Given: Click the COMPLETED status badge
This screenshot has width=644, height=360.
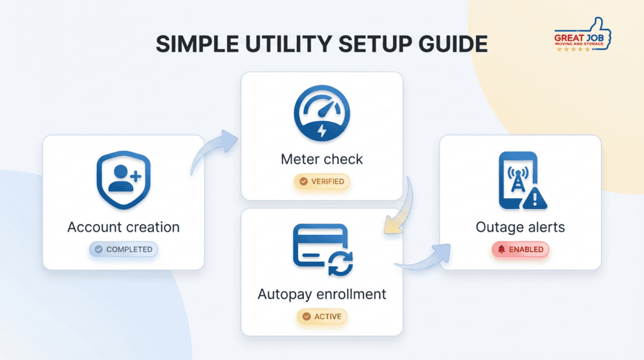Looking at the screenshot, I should point(123,249).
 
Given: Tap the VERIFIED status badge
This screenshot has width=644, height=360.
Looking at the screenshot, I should point(321,181).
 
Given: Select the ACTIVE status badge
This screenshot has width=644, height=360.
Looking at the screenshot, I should point(321,317).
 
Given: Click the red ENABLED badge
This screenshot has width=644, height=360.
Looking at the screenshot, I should point(520,249).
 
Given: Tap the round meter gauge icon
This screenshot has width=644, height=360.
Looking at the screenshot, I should point(321,114).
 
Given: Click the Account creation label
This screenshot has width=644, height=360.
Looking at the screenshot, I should point(123,227).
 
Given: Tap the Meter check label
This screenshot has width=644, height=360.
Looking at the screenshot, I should point(321,159).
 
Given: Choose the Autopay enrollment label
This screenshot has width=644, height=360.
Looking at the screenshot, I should point(321,294).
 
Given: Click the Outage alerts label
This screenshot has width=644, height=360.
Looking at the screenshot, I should point(520,227).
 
